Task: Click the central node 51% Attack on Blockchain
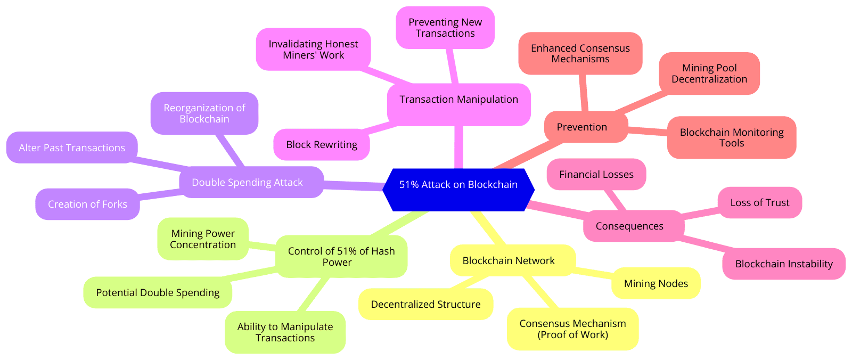pos(458,185)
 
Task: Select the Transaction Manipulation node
pos(458,100)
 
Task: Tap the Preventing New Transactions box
pos(445,28)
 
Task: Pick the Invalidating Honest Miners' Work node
pos(313,50)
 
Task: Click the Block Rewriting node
pos(322,145)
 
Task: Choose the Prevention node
pos(581,127)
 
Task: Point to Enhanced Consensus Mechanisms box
pos(580,54)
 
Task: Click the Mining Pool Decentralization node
pos(709,73)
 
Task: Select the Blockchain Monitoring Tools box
pos(731,137)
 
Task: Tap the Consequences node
pos(629,226)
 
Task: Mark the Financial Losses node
pos(596,175)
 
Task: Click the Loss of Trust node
pos(759,203)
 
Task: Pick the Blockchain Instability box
pos(783,264)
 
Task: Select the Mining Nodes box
pos(656,284)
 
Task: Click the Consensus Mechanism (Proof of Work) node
pos(572,329)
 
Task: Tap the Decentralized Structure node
pos(425,305)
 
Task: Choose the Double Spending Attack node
pos(247,183)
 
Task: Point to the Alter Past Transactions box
pos(72,148)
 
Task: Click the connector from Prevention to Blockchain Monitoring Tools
pos(648,130)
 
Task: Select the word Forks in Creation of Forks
pos(115,204)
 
